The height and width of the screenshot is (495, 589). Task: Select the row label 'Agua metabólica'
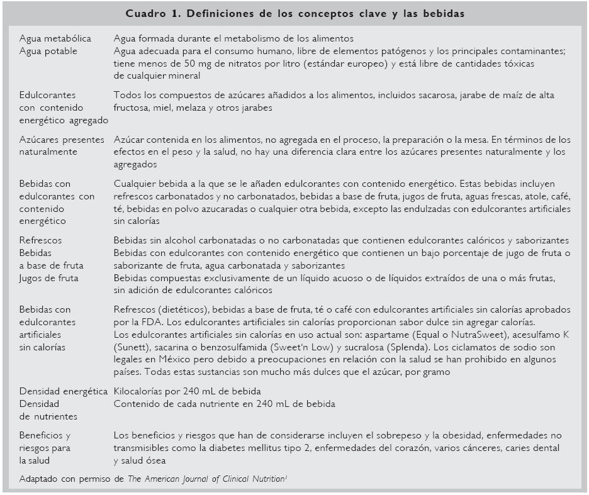(x=55, y=39)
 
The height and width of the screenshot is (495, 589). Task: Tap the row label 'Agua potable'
(x=48, y=52)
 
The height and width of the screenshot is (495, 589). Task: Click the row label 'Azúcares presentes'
(x=62, y=139)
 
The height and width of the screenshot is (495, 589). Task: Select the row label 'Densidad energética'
(x=64, y=391)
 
